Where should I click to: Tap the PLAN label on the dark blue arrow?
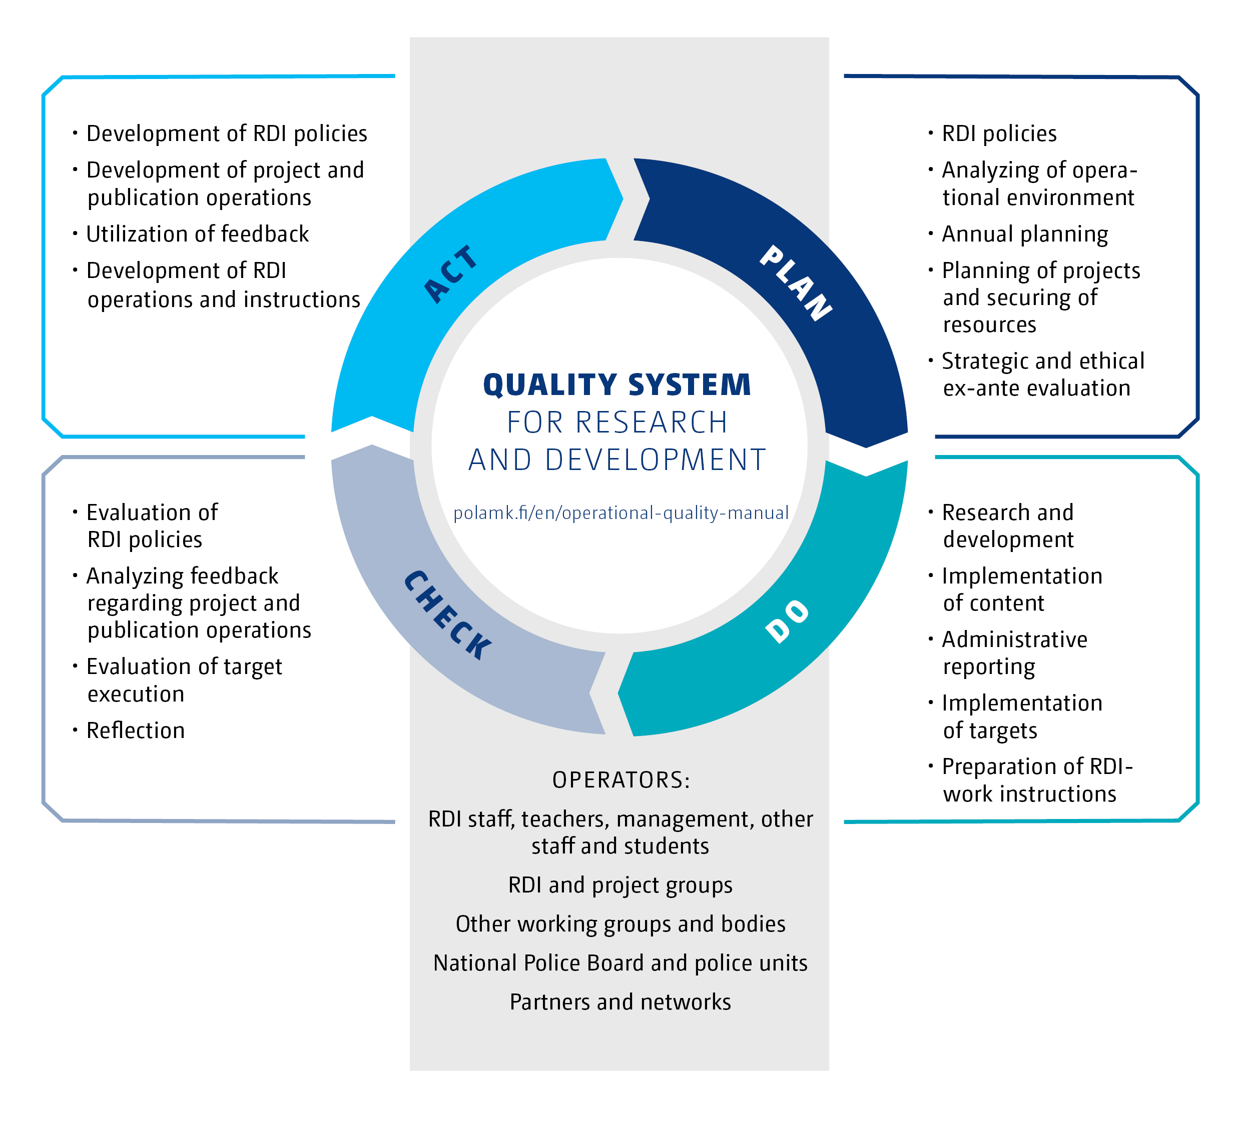(796, 283)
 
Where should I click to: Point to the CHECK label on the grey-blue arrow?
(447, 615)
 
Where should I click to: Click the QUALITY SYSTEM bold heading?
(617, 385)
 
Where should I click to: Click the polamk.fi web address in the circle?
(620, 513)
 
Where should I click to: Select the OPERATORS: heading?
(620, 780)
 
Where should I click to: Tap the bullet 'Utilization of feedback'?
(197, 234)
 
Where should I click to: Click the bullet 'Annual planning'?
(1024, 234)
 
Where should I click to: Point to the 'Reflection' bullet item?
(136, 731)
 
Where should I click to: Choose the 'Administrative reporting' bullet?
(1014, 653)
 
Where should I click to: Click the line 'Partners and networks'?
(620, 1002)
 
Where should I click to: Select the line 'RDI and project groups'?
(620, 885)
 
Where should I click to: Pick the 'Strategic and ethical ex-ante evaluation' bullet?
(1042, 374)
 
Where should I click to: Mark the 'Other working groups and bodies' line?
(620, 924)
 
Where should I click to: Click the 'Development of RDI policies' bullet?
(227, 133)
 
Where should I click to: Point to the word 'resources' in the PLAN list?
(989, 325)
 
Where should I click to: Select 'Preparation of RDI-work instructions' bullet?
(1037, 780)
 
